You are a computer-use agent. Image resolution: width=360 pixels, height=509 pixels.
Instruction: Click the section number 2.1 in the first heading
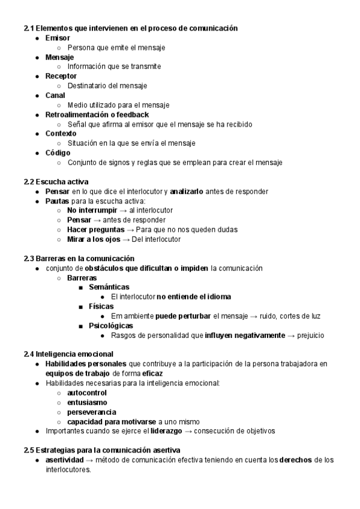pyautogui.click(x=29, y=28)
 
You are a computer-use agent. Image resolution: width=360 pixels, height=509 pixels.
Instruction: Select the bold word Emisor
pyautogui.click(x=57, y=38)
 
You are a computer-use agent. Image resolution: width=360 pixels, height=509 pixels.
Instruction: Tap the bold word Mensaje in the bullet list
pyautogui.click(x=59, y=57)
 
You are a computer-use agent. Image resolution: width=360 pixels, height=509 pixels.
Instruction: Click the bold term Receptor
pyautogui.click(x=61, y=76)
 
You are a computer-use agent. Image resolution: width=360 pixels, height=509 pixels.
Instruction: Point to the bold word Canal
pyautogui.click(x=55, y=95)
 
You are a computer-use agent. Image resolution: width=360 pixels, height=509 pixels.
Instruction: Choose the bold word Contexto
pyautogui.click(x=61, y=133)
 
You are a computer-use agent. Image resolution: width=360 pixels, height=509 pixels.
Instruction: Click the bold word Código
pyautogui.click(x=58, y=152)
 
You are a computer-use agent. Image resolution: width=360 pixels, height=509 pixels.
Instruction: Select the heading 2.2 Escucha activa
pyautogui.click(x=56, y=181)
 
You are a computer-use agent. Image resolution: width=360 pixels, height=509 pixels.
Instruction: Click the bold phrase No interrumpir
pyautogui.click(x=91, y=210)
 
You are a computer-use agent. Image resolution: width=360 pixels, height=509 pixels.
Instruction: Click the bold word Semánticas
pyautogui.click(x=109, y=287)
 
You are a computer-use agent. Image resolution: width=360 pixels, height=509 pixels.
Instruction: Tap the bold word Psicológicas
pyautogui.click(x=110, y=325)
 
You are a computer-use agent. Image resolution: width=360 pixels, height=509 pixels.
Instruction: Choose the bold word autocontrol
pyautogui.click(x=88, y=393)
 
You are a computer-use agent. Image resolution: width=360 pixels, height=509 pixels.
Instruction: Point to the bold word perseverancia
pyautogui.click(x=92, y=412)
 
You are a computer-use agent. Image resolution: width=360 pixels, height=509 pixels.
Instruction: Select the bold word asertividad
pyautogui.click(x=64, y=460)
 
